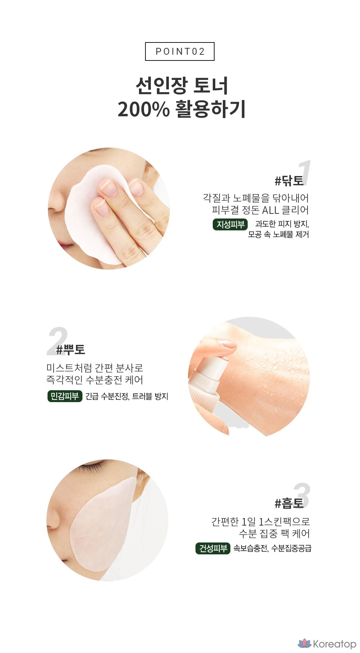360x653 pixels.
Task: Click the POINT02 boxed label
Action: pyautogui.click(x=180, y=51)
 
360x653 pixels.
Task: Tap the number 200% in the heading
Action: pyautogui.click(x=143, y=109)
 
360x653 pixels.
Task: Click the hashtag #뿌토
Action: pyautogui.click(x=71, y=349)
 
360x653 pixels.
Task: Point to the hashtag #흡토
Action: pyautogui.click(x=289, y=503)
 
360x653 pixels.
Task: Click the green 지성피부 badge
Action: pyautogui.click(x=230, y=224)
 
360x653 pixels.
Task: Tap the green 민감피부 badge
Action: pyautogui.click(x=65, y=396)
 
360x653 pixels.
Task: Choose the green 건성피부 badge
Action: pyautogui.click(x=213, y=548)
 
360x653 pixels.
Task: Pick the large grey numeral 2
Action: pyautogui.click(x=58, y=340)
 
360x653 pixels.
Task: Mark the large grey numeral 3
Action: pyautogui.click(x=302, y=495)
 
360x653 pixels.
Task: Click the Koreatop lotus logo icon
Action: pyautogui.click(x=304, y=643)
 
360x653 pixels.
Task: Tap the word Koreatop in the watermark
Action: pyautogui.click(x=334, y=644)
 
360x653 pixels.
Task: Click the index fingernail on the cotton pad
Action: pyautogui.click(x=108, y=187)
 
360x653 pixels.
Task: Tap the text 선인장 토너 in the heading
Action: pyautogui.click(x=182, y=86)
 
